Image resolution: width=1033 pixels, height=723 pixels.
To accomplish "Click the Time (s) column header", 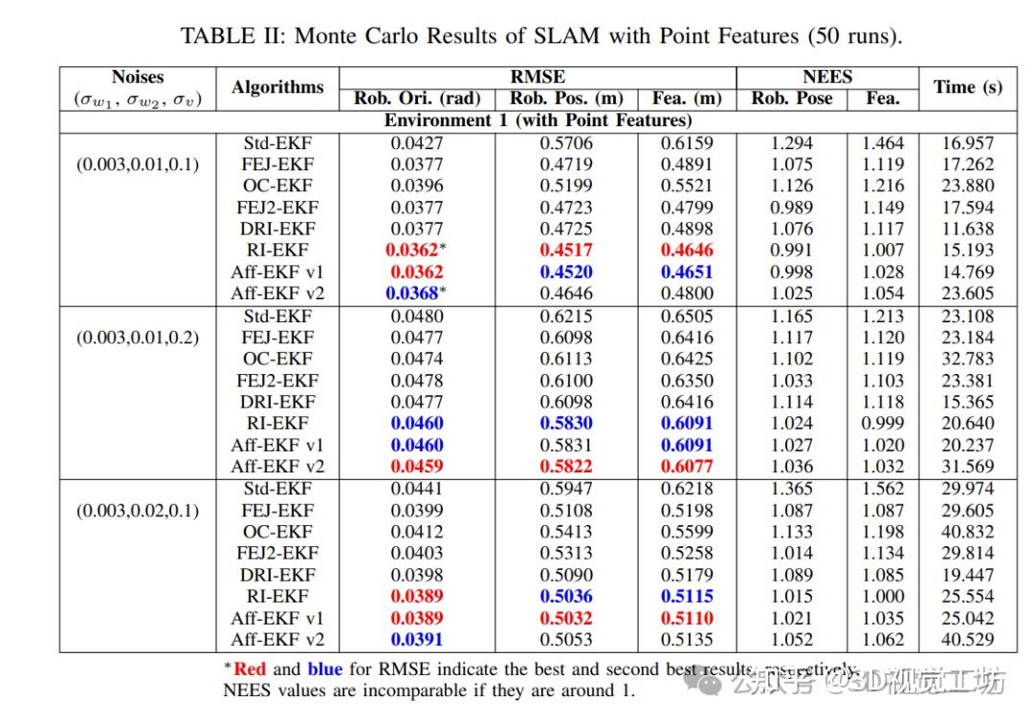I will tap(968, 87).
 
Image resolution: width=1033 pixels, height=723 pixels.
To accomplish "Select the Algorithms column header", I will tap(277, 87).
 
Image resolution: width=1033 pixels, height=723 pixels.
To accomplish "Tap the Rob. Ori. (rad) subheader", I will tap(417, 99).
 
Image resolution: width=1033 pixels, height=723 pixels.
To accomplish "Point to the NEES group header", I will tap(827, 77).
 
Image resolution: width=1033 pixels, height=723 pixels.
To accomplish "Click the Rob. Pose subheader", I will tap(792, 99).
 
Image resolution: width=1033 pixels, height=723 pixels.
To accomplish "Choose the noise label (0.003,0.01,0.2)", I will tap(138, 338).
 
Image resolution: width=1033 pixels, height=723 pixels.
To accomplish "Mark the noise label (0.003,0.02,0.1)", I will tap(138, 511).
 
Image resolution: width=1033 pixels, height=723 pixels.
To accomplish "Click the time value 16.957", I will tap(968, 143).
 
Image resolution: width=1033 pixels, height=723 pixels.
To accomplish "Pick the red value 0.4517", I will tap(566, 251).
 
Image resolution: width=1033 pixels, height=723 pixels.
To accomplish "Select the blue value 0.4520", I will tap(566, 272).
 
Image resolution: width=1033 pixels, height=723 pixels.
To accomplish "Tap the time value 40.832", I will tap(968, 532).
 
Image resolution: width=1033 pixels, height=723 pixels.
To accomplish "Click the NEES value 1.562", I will tap(883, 489).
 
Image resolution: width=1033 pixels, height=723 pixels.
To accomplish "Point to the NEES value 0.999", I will tap(883, 424).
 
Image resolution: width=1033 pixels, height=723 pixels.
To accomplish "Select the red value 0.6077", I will tap(687, 467).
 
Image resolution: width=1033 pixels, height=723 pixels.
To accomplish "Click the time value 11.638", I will tap(968, 229).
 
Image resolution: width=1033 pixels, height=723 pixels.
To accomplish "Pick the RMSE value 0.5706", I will tap(566, 143).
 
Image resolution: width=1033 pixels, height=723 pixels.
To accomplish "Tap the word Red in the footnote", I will tap(251, 669).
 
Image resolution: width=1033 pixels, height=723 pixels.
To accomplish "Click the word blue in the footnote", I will tap(325, 669).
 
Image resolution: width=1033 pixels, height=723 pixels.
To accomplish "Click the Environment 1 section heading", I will tap(538, 120).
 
